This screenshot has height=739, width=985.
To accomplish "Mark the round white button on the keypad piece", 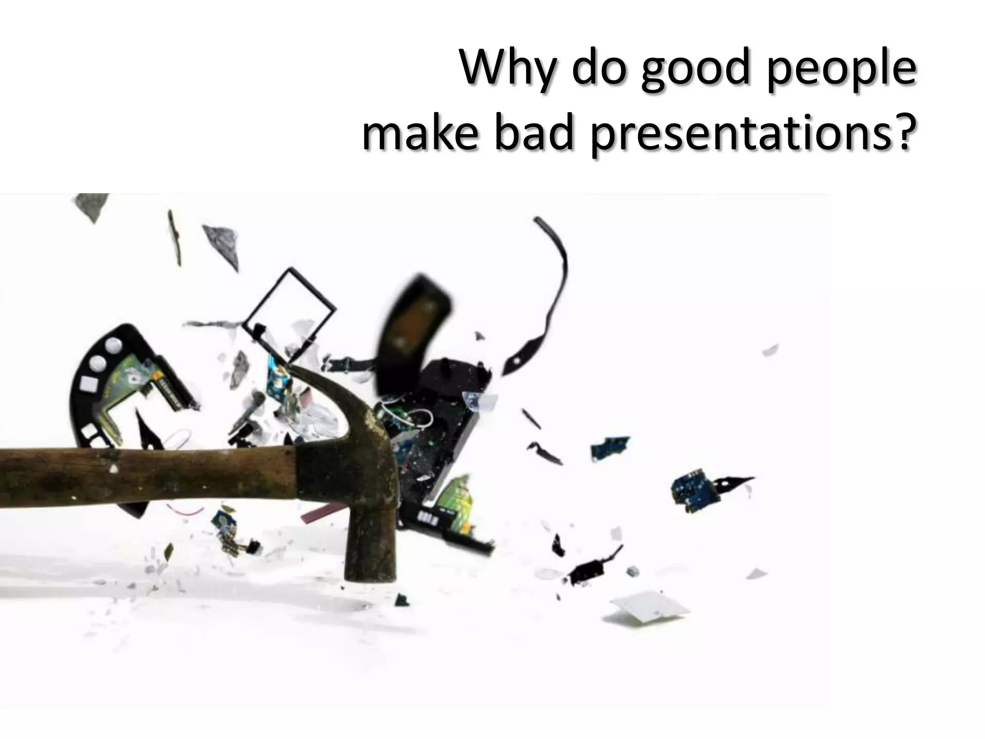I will (114, 344).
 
